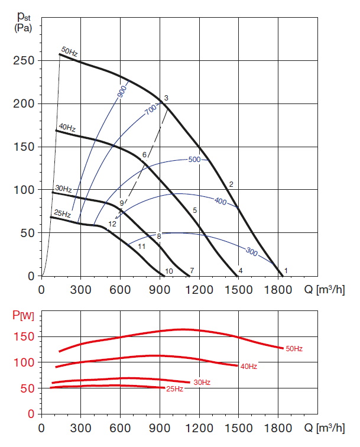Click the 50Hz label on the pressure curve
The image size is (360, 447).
click(x=70, y=53)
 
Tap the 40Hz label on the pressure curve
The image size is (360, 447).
click(x=66, y=128)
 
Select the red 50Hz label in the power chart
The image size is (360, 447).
click(x=293, y=349)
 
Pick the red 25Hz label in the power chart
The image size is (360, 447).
click(x=174, y=389)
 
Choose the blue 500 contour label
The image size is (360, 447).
click(x=194, y=160)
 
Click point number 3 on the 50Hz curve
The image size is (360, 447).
click(x=167, y=98)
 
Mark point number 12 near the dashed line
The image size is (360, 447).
click(x=112, y=224)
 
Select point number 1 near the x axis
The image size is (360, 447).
click(x=286, y=270)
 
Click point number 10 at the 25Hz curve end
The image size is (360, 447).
click(x=169, y=271)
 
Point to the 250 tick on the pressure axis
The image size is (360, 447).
click(x=24, y=61)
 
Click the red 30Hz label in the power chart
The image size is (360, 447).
click(x=202, y=383)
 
